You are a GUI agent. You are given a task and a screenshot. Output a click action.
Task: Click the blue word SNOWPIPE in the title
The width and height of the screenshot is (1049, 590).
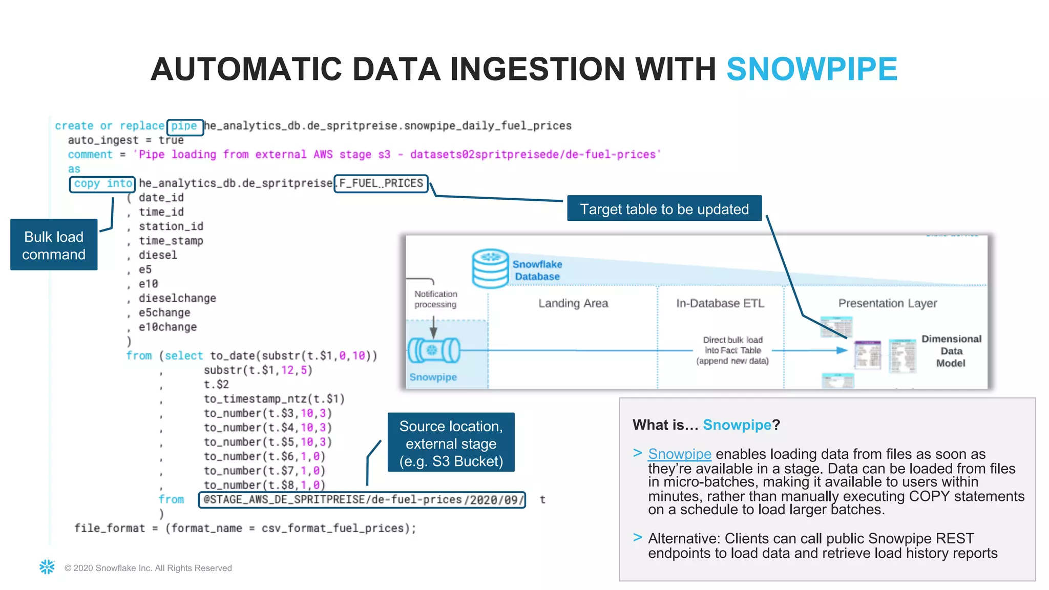[x=811, y=69]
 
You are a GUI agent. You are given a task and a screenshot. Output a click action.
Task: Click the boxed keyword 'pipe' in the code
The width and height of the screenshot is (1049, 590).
[x=184, y=126]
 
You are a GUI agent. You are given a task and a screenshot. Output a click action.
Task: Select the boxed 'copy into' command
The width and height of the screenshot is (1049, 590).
[x=102, y=183]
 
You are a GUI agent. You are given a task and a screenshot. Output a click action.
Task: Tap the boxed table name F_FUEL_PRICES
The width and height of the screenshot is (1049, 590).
[x=381, y=183]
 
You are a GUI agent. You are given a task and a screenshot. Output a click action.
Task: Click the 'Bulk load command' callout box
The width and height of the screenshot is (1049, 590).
[x=54, y=245]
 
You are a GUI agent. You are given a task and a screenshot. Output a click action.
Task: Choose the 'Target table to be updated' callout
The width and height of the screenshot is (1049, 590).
[x=664, y=209]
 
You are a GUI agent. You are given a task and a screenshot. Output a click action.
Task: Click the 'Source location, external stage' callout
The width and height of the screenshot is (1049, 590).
[x=451, y=443]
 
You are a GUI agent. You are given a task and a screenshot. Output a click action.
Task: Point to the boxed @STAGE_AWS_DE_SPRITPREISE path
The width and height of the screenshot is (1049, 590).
[x=362, y=500]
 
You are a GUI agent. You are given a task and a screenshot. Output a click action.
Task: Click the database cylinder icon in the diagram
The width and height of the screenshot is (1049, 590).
[x=490, y=269]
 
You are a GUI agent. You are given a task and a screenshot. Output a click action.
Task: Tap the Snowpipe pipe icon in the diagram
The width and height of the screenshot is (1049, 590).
[x=433, y=351]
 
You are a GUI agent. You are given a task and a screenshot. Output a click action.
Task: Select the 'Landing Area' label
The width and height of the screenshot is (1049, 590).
[x=573, y=303]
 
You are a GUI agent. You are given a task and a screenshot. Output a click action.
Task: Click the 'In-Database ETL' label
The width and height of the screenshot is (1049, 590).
[x=720, y=303]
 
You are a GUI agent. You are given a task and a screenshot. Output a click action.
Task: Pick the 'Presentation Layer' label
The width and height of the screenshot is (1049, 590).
[x=887, y=303]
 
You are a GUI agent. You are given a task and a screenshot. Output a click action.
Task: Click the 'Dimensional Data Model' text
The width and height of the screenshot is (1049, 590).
[x=951, y=351]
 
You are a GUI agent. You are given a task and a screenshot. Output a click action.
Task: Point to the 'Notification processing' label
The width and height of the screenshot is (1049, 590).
[x=435, y=299]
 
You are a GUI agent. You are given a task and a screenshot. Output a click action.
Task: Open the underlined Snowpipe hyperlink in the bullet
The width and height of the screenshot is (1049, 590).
[x=679, y=454]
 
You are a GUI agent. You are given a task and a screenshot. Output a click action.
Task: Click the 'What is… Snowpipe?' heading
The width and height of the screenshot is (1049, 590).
[x=706, y=425]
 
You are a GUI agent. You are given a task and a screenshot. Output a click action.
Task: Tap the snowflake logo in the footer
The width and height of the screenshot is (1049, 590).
[x=47, y=567]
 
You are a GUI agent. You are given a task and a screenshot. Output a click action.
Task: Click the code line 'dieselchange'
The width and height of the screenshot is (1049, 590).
[x=177, y=298]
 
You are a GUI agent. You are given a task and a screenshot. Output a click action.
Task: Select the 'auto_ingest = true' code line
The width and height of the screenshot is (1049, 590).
[x=125, y=140]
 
